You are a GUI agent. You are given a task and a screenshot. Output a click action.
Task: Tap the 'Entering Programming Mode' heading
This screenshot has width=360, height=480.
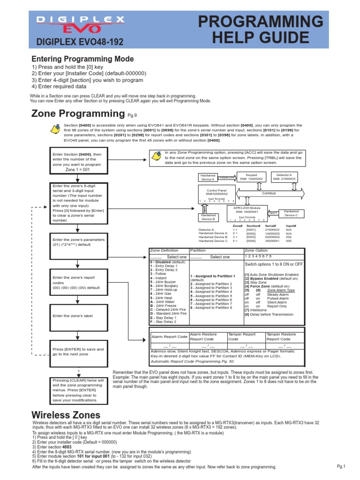click(82, 59)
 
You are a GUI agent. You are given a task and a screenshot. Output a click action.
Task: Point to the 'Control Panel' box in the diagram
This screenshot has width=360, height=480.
click(217, 192)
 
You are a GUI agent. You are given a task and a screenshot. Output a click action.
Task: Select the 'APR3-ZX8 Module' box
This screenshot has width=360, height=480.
click(248, 210)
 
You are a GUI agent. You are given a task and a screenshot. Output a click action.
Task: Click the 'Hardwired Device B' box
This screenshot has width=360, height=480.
click(208, 217)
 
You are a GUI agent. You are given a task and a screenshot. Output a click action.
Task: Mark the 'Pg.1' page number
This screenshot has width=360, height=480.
click(341, 466)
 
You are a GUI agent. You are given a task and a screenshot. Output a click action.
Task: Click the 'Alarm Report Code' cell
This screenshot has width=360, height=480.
click(169, 337)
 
